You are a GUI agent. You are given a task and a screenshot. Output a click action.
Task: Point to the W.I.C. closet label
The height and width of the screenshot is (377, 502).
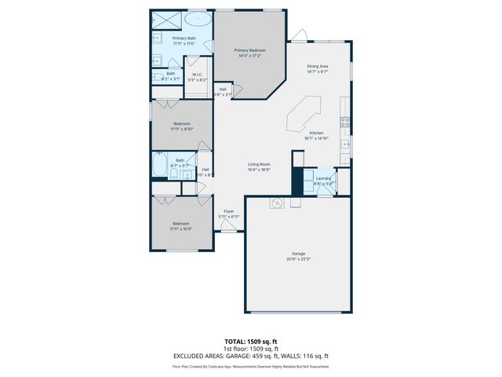tap(198, 75)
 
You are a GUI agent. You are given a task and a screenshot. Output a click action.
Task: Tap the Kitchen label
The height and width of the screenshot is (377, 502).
tap(317, 133)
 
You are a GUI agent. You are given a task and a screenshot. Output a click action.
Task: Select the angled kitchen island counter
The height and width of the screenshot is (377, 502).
tap(304, 114)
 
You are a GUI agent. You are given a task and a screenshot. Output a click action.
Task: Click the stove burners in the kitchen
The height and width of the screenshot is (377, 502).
tap(344, 121)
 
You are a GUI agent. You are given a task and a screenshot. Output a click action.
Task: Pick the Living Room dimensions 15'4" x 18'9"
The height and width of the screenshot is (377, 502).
tap(259, 169)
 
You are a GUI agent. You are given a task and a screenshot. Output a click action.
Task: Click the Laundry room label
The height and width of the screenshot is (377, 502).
tap(323, 178)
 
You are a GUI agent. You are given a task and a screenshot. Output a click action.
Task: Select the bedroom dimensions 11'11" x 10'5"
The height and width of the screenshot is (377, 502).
tap(181, 229)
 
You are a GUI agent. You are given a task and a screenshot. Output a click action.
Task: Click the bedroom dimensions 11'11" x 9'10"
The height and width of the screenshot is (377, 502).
tap(182, 129)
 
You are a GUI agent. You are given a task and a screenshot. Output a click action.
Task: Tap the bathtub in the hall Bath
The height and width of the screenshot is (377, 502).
tap(159, 165)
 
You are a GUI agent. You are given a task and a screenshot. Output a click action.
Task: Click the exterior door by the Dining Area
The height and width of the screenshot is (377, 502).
tap(299, 36)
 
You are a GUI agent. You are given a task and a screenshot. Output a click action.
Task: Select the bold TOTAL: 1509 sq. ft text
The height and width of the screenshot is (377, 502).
tap(251, 342)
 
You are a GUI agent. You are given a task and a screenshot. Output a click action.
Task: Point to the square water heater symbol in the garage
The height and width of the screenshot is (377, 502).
tap(277, 203)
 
